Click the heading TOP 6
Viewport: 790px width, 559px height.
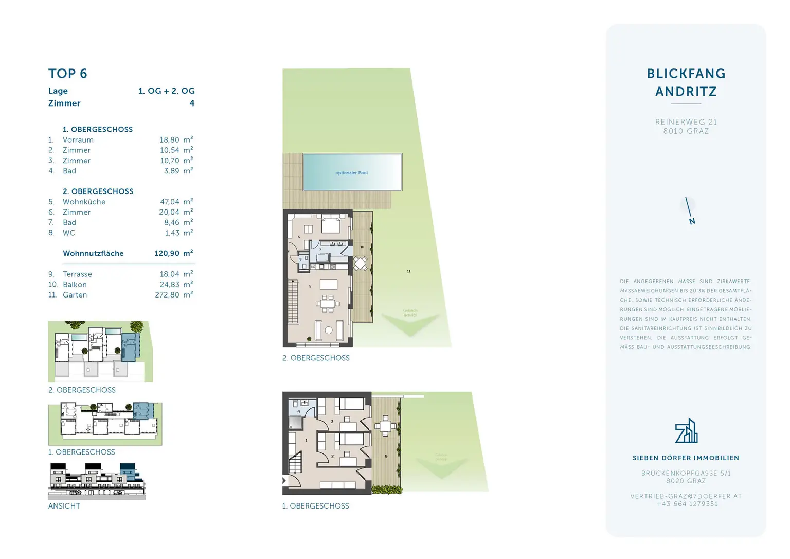pos(67,74)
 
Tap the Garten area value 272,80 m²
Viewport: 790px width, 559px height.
pos(173,295)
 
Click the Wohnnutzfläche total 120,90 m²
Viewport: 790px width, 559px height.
pos(173,253)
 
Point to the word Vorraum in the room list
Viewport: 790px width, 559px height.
pos(78,140)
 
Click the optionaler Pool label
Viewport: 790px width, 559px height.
pos(351,173)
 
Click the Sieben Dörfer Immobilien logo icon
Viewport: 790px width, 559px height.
pos(686,431)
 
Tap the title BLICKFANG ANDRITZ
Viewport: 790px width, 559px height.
pos(686,82)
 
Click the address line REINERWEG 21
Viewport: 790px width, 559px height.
pos(686,122)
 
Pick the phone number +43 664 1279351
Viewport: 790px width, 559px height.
pos(687,504)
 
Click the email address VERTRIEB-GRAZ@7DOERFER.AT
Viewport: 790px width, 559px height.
pos(686,496)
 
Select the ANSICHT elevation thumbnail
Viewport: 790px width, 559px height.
pos(97,481)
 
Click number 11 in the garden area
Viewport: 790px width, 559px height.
pos(408,271)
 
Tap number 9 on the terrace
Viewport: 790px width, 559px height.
pos(386,456)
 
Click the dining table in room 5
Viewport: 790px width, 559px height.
pos(328,303)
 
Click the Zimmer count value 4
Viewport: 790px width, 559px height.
pos(192,103)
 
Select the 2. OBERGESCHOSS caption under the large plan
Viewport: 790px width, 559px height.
pos(316,358)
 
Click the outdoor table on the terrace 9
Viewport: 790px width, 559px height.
pos(386,426)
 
